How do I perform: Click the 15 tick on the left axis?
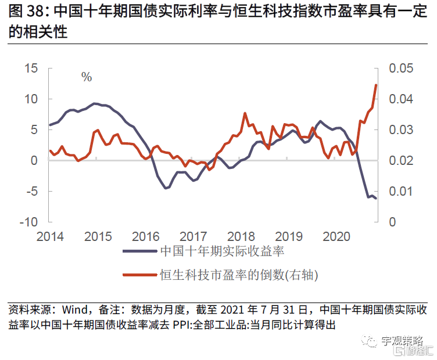(x=30, y=69)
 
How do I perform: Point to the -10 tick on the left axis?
(x=28, y=222)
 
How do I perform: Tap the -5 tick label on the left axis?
(x=30, y=192)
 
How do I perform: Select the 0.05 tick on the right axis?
(x=401, y=69)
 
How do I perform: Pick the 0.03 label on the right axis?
(x=401, y=130)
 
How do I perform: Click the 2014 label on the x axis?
(x=49, y=236)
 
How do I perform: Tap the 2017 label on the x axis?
(x=193, y=236)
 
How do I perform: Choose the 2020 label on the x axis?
(x=336, y=236)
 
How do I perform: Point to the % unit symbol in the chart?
(x=87, y=77)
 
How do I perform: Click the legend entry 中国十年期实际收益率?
(x=221, y=252)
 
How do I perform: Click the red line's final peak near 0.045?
(x=376, y=85)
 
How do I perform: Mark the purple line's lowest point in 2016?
(x=166, y=188)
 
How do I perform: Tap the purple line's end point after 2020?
(x=376, y=199)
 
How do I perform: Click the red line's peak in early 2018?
(x=245, y=113)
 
